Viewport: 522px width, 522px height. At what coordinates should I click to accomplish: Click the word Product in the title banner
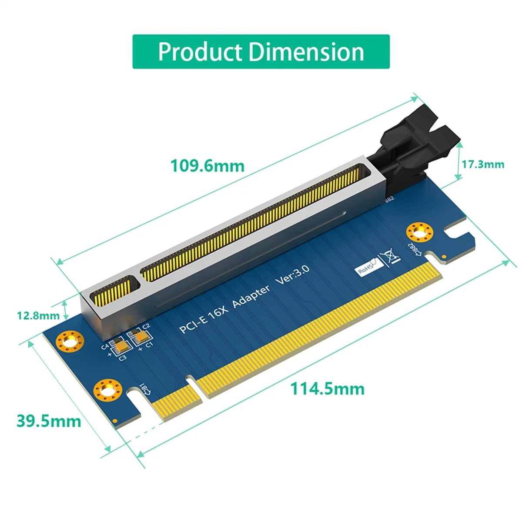click(201, 52)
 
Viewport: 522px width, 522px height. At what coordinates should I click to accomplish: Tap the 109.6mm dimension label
click(207, 166)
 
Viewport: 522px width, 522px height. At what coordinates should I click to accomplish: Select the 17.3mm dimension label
click(483, 164)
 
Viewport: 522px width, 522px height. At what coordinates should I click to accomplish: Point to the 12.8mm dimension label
click(38, 315)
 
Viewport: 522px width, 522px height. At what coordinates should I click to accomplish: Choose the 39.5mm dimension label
click(49, 421)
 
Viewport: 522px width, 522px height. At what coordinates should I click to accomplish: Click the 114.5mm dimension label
click(327, 388)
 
